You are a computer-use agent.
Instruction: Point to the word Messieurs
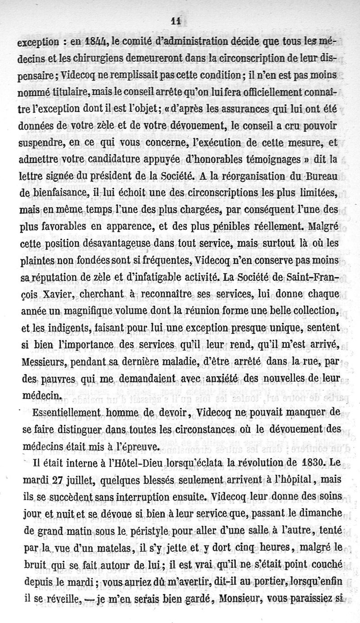pos(42,361)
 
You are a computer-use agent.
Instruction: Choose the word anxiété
pos(218,378)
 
